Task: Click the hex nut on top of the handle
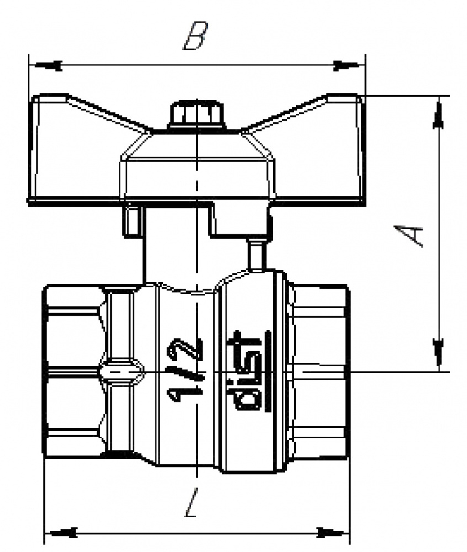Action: [x=197, y=115]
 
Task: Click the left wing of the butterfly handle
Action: [x=75, y=154]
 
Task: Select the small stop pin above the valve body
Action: [x=255, y=255]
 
